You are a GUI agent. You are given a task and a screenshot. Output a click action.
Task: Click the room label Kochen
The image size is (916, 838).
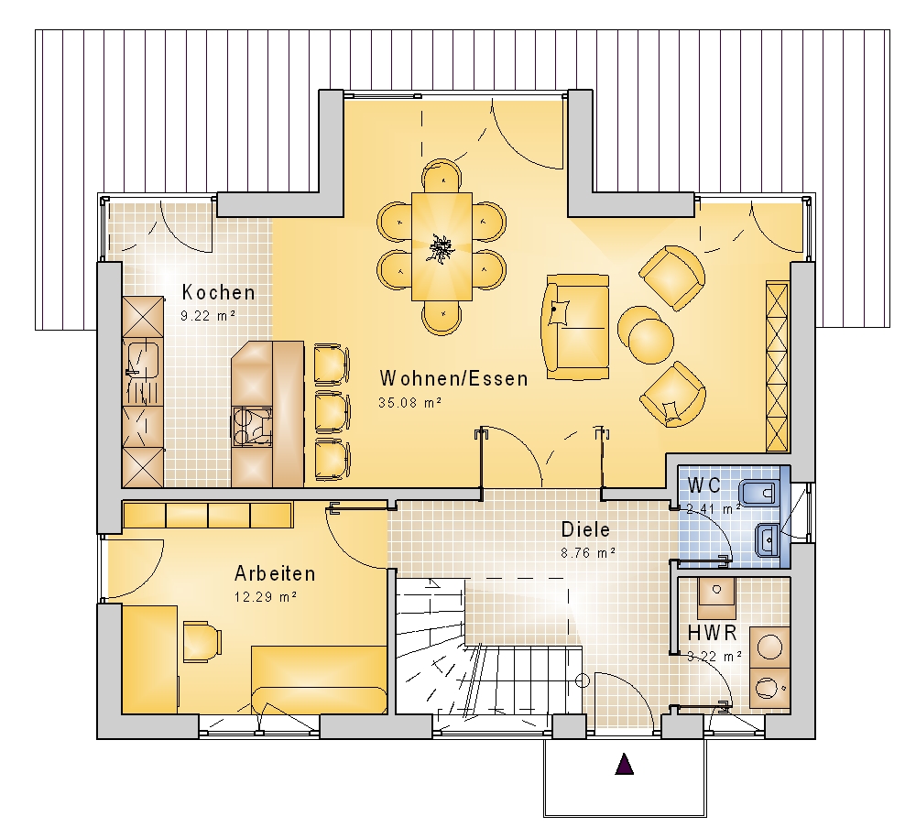pos(219,292)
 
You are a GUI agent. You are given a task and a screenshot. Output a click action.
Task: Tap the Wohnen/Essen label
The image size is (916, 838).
pos(454,378)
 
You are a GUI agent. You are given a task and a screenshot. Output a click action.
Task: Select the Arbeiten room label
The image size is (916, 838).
pos(275,573)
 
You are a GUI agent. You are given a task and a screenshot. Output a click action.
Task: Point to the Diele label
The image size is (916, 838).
pos(585,529)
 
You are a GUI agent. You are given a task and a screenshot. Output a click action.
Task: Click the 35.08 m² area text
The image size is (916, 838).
pos(409,402)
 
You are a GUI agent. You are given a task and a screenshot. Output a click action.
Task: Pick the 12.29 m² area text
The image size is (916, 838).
pos(266,597)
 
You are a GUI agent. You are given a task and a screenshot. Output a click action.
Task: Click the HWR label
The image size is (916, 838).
pos(712,633)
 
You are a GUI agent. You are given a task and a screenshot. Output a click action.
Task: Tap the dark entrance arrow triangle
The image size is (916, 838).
pos(625,764)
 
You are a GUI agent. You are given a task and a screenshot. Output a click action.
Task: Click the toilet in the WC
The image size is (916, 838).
pos(758,493)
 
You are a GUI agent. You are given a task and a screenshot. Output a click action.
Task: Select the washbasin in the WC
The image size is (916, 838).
pos(767,540)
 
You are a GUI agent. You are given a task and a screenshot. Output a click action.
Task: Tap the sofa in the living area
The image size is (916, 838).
pos(576,328)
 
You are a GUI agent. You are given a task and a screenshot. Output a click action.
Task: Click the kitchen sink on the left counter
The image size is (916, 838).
pos(143,360)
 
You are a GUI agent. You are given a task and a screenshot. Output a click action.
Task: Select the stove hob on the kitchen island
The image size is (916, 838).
pos(253,427)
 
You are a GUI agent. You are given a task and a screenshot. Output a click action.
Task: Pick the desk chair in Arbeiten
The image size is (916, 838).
pos(202,642)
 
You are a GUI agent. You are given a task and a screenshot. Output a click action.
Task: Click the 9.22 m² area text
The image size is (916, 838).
pos(208,316)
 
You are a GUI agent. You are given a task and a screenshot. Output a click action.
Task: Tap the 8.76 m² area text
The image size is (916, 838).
pos(588,552)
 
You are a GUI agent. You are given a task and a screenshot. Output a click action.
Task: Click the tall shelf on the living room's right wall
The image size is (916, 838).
pos(778,366)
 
